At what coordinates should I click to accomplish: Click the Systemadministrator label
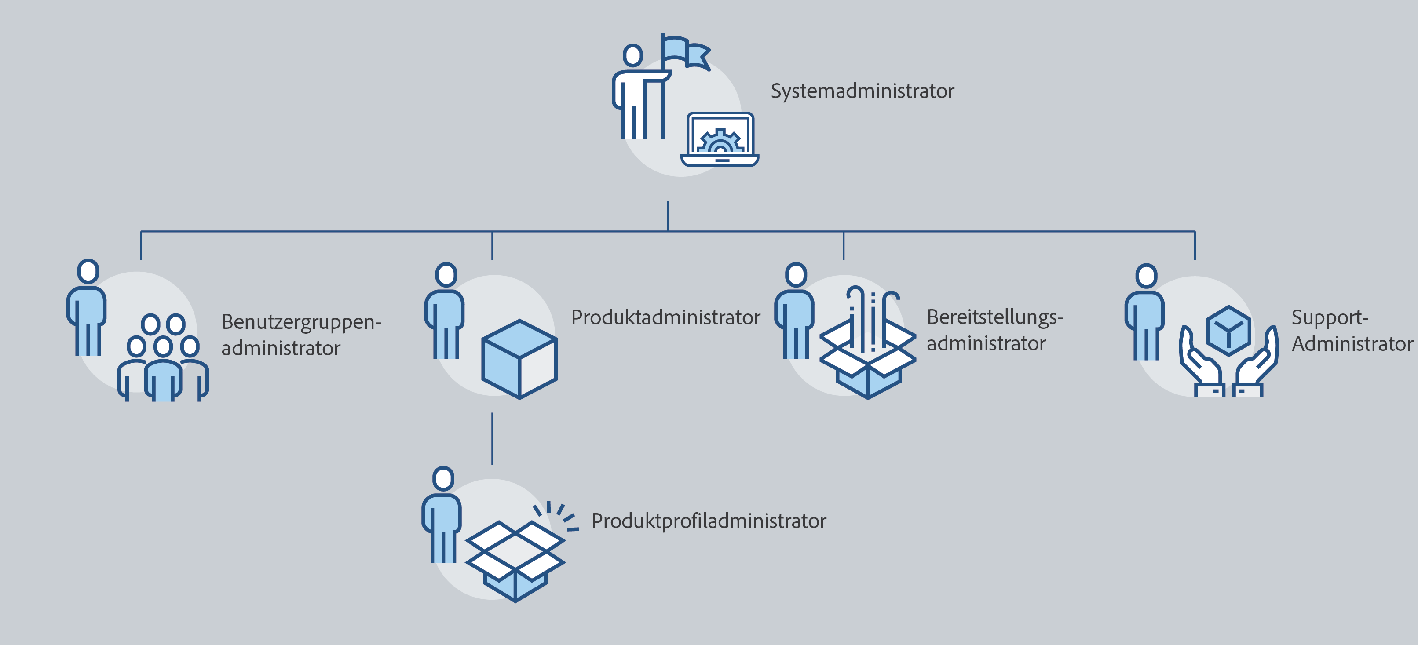[862, 91]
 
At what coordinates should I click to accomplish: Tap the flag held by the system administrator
[685, 52]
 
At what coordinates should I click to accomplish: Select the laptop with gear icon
[720, 140]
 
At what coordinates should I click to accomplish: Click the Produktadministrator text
[665, 317]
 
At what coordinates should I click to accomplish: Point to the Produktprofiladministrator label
[709, 521]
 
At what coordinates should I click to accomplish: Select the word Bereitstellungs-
[995, 317]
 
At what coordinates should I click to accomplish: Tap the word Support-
[1329, 318]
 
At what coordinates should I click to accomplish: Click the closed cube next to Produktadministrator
[519, 359]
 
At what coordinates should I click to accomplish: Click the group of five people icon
[163, 358]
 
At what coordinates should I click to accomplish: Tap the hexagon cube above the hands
[1228, 331]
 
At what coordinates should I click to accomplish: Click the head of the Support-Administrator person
[1146, 276]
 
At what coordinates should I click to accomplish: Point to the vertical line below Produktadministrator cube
[492, 439]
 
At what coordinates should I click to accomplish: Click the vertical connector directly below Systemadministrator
[668, 216]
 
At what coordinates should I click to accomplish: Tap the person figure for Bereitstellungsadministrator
[795, 311]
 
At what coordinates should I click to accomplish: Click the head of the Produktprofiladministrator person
[443, 479]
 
